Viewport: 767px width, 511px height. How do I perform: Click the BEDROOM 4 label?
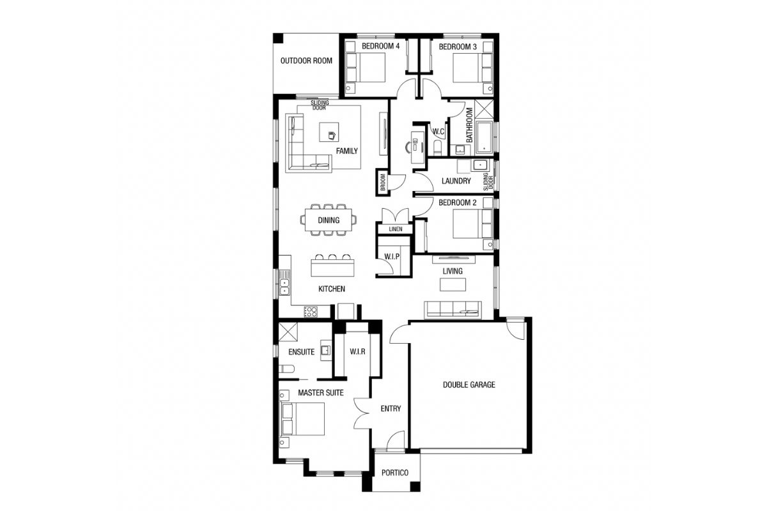(x=380, y=46)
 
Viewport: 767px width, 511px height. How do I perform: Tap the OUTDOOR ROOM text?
(x=306, y=61)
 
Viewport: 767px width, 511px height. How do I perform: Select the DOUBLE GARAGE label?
(x=469, y=385)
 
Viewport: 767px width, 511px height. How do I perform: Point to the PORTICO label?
(x=395, y=473)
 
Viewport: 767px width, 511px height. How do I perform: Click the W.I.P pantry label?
(x=392, y=256)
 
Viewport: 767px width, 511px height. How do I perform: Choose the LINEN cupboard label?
(x=396, y=229)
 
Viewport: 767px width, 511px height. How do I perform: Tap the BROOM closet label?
(x=383, y=182)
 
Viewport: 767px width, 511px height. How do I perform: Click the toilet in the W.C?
(x=438, y=148)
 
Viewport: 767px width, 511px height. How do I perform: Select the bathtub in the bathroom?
(x=484, y=137)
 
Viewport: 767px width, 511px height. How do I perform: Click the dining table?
(x=329, y=220)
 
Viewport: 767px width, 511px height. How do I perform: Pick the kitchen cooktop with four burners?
(x=311, y=312)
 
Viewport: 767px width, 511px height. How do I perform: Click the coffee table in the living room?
(x=453, y=284)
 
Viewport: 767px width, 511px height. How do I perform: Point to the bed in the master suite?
(x=303, y=419)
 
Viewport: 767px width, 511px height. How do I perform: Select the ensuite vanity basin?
(x=325, y=350)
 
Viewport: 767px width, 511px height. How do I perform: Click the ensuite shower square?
(x=288, y=332)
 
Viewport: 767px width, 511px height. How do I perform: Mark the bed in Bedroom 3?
(x=473, y=68)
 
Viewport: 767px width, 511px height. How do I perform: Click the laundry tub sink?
(x=481, y=165)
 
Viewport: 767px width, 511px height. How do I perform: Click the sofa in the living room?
(x=453, y=310)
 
